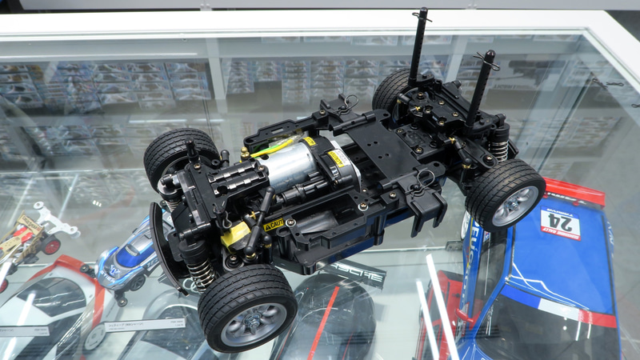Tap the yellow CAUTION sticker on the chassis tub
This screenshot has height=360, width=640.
point(274,226)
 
